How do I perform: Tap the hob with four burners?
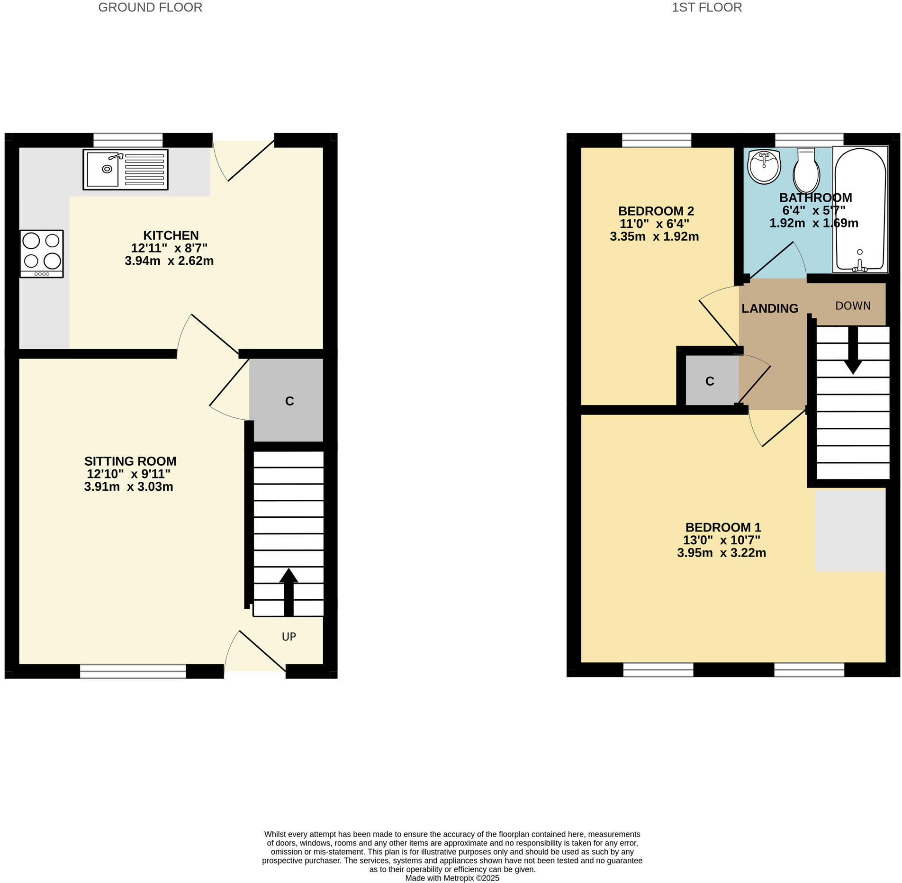click(42, 253)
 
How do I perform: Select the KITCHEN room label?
click(171, 235)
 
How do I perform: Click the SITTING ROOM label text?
click(130, 461)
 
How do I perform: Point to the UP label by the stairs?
click(289, 637)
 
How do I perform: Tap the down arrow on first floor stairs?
click(853, 351)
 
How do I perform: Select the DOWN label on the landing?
click(853, 306)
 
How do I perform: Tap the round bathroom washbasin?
click(764, 167)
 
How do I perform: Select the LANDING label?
click(770, 309)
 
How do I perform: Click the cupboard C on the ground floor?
click(289, 401)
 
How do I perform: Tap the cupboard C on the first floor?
click(709, 381)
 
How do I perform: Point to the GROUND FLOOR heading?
click(150, 8)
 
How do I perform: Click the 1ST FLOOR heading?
click(707, 8)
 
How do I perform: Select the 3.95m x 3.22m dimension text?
click(721, 553)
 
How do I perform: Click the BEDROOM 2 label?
click(656, 211)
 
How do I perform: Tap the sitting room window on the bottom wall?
click(133, 671)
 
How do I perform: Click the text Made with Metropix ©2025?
click(452, 878)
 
